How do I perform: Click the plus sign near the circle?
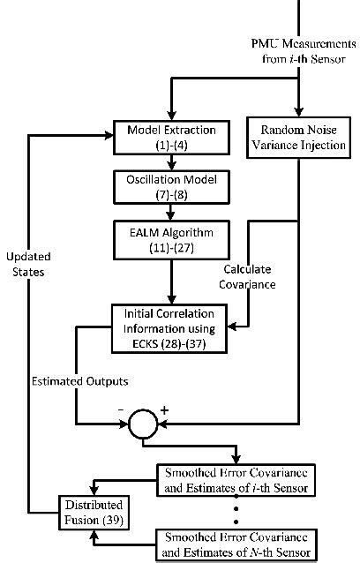tap(164, 409)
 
